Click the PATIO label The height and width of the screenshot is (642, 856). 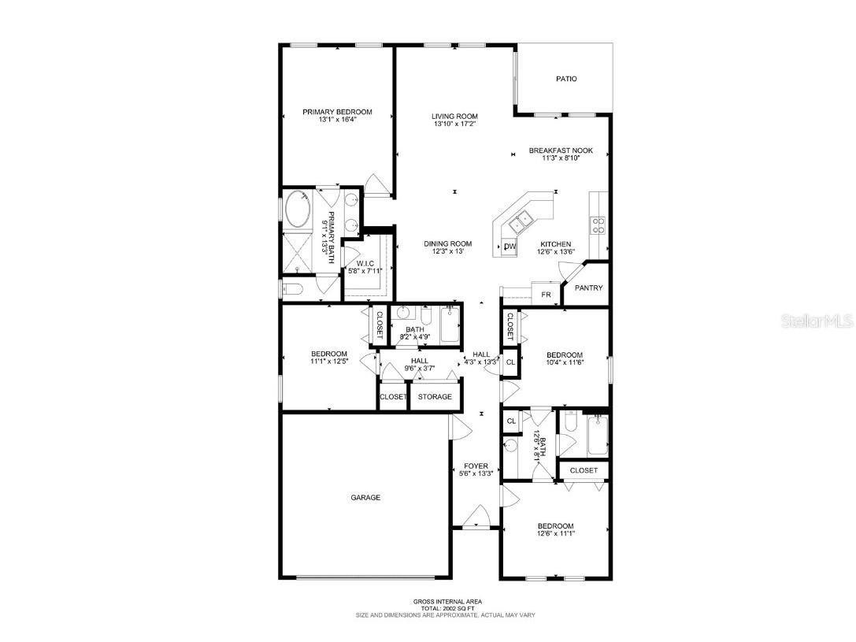click(566, 79)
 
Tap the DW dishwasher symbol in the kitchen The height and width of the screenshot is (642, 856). click(510, 247)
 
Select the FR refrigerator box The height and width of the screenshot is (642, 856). click(545, 295)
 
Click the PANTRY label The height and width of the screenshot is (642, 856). click(588, 288)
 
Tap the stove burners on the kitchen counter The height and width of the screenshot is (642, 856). click(599, 226)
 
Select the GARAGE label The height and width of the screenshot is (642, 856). click(365, 497)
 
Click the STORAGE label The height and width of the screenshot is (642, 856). click(435, 396)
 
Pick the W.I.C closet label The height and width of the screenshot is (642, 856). click(364, 264)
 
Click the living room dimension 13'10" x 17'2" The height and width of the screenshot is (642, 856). click(454, 124)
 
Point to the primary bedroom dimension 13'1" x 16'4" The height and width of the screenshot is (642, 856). click(337, 120)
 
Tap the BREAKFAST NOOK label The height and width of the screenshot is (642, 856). click(561, 150)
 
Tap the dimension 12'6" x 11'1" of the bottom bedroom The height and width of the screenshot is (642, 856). click(555, 533)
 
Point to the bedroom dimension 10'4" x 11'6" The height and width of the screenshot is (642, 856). click(565, 362)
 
